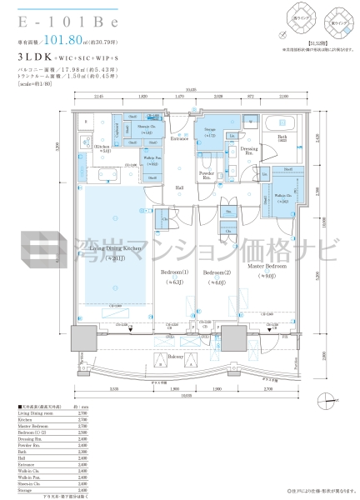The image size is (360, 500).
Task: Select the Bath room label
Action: point(282,137)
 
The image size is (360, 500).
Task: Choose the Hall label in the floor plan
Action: point(179,188)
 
